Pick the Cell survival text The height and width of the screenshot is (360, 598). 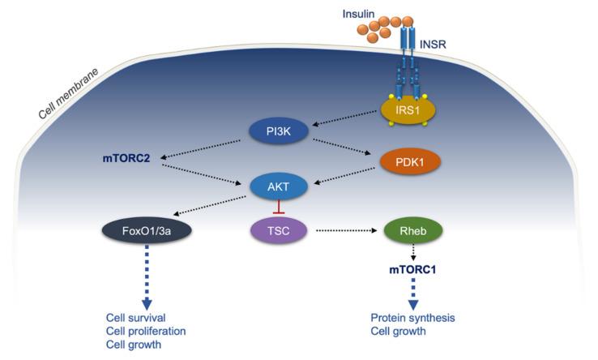click(x=136, y=317)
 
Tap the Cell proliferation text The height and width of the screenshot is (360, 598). click(x=147, y=331)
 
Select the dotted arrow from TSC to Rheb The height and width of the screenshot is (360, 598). click(x=344, y=232)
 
